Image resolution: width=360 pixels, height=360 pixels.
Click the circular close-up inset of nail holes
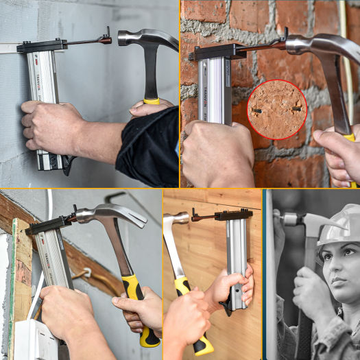(x=277, y=110)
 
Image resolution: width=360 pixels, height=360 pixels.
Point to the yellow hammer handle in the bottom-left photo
(x=141, y=309)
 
